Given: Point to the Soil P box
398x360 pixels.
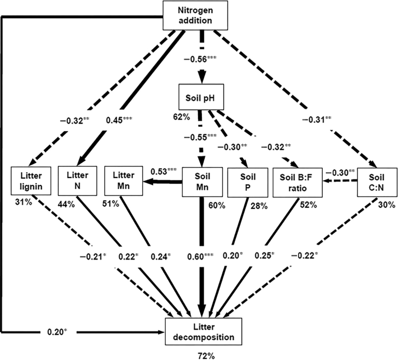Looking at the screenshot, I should tap(244, 180).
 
